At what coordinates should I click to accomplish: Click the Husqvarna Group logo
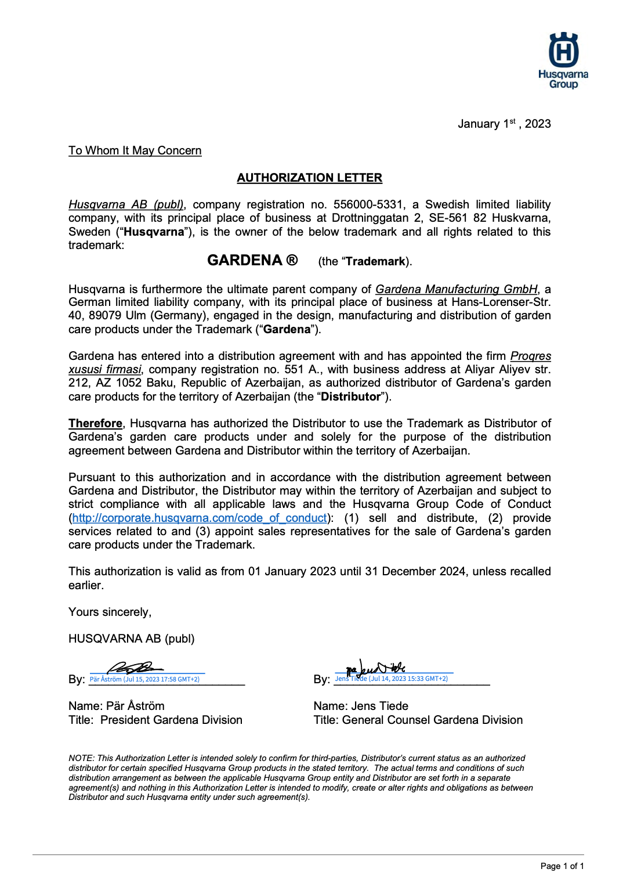[x=563, y=60]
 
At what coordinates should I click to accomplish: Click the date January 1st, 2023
[x=504, y=124]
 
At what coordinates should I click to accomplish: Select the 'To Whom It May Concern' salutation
[x=135, y=151]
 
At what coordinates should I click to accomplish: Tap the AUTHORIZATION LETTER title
[x=309, y=178]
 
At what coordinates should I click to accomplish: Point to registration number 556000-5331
[x=368, y=204]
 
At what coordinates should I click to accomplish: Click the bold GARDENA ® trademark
[x=252, y=260]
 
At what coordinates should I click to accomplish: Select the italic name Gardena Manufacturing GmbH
[x=456, y=289]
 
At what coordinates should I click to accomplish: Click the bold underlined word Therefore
[x=95, y=423]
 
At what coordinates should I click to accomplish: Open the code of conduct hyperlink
[x=199, y=518]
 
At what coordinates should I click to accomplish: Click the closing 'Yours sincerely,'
[x=110, y=612]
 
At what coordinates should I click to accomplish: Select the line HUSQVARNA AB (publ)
[x=131, y=639]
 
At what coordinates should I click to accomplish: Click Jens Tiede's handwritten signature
[x=376, y=668]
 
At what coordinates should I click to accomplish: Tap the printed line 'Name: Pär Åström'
[x=116, y=706]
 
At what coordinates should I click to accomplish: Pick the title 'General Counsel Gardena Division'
[x=432, y=720]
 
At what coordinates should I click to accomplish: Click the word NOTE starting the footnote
[x=81, y=758]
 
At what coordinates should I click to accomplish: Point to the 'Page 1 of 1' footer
[x=562, y=866]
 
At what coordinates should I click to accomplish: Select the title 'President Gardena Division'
[x=171, y=720]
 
